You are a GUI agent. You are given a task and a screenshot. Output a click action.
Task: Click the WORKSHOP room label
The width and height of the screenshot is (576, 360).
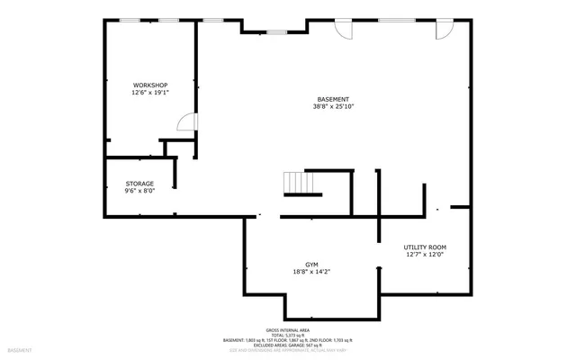[150, 84]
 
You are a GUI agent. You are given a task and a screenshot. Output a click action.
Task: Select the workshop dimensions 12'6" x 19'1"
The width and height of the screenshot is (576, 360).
[150, 92]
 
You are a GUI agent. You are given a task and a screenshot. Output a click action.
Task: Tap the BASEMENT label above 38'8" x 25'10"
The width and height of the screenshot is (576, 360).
[333, 99]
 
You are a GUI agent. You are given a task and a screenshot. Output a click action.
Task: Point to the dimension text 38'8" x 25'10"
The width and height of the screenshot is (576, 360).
[333, 107]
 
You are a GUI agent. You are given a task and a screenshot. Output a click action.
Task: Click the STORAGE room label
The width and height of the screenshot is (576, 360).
[139, 183]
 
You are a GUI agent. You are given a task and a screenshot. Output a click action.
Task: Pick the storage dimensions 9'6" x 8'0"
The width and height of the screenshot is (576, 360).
[139, 191]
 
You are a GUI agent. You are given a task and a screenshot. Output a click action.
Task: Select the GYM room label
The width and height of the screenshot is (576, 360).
[311, 265]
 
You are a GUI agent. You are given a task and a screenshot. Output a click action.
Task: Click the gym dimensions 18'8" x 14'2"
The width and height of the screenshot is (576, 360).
[311, 273]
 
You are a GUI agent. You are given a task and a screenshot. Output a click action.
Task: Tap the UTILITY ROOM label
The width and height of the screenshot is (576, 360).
[425, 247]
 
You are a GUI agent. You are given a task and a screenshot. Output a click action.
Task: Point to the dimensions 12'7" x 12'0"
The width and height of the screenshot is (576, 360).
[425, 255]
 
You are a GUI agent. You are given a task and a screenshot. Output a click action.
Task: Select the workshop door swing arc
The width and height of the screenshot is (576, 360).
[185, 123]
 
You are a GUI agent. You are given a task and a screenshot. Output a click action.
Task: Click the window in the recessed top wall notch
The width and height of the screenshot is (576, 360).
[276, 32]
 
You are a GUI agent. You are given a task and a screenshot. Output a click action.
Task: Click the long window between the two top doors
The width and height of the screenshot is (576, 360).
[391, 20]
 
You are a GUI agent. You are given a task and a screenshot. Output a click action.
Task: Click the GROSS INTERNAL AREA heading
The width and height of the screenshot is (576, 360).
[288, 330]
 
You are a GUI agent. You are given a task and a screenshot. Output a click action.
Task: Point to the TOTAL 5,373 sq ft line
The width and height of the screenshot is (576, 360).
[288, 335]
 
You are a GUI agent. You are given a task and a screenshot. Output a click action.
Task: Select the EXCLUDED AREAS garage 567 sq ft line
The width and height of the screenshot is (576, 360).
[288, 345]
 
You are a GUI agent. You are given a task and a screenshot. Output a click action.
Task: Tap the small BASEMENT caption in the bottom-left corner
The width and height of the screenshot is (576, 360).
[19, 349]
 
